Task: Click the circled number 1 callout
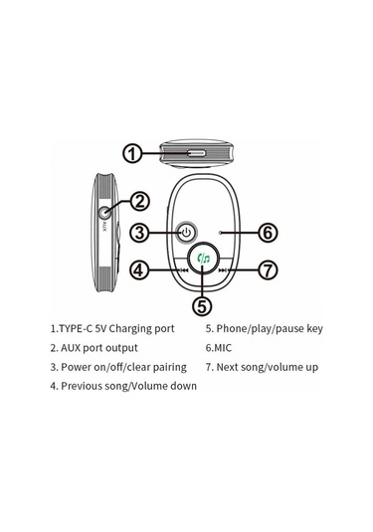[132, 153]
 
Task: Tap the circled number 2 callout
[139, 201]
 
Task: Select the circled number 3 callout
[140, 233]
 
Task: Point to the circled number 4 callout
[139, 270]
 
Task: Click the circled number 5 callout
[202, 305]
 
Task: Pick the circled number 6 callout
[269, 233]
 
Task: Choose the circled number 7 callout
[269, 270]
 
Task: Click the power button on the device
[186, 233]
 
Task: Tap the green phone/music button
[203, 259]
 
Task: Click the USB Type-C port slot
[196, 153]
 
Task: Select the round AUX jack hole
[104, 213]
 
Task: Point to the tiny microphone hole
[221, 233]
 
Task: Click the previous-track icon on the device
[184, 270]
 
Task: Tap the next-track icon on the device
[223, 270]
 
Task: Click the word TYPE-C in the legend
[76, 328]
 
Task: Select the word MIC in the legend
[223, 348]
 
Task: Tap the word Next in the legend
[228, 367]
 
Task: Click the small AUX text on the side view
[104, 227]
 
